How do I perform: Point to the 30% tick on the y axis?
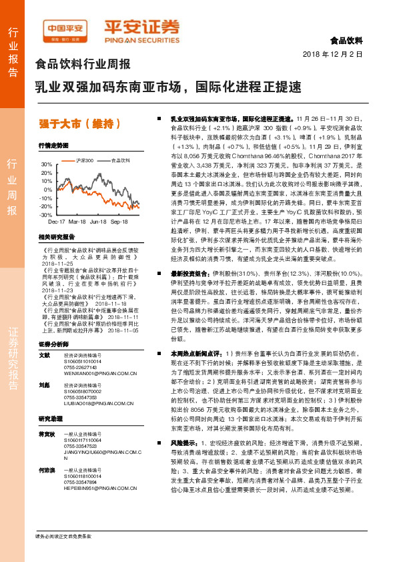(47, 164)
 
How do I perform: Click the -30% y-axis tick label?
(46, 215)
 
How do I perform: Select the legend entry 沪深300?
(84, 160)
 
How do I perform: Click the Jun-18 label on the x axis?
(99, 220)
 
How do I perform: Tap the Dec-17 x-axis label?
(57, 220)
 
